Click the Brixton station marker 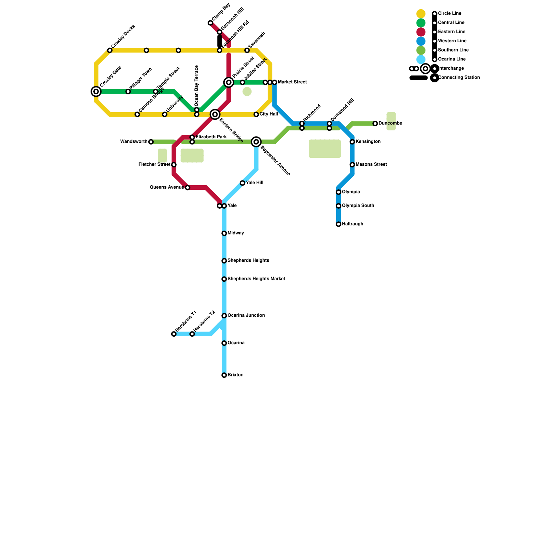224,375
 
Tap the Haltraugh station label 352,224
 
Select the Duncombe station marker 375,124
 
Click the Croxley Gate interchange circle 96,92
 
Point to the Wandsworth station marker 151,142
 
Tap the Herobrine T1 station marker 174,334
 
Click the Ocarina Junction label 246,315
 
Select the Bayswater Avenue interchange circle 256,142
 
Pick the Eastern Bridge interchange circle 215,114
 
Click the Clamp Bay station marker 210,23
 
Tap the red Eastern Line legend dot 421,32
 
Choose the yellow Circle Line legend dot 421,14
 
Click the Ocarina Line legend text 452,59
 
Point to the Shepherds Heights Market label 256,279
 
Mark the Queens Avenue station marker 187,188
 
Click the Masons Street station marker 352,165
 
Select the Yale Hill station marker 243,183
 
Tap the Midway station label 236,233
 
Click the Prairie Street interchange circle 229,82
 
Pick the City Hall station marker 256,114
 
